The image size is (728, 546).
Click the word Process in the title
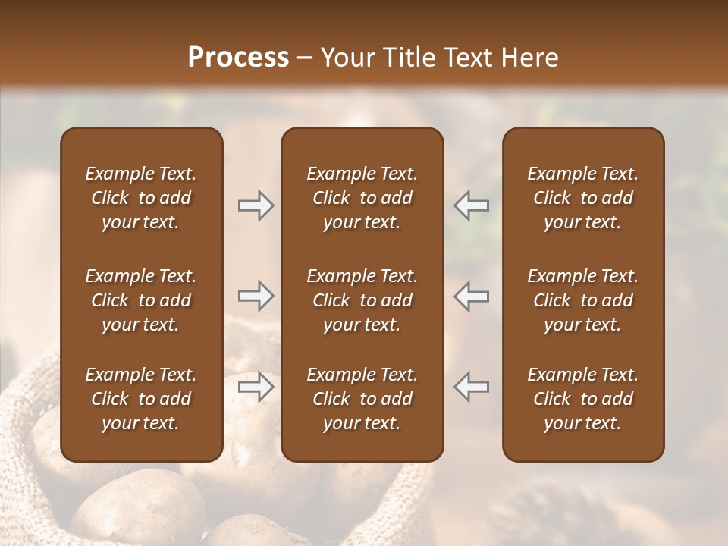tap(238, 58)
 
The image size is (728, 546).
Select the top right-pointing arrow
tap(256, 206)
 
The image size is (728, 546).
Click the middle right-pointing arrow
tap(256, 296)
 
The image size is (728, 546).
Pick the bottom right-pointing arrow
tap(256, 387)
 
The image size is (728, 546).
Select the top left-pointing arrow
tap(472, 206)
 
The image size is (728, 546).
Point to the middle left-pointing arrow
tap(472, 296)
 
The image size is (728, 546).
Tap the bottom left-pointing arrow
tap(472, 387)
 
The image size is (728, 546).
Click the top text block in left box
tap(141, 198)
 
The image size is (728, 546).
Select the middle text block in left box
tap(141, 300)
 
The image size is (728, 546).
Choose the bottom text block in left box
tap(141, 399)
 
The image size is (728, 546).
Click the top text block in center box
tap(362, 198)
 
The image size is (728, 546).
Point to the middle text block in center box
tap(362, 300)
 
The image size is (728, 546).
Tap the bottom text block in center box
tap(362, 399)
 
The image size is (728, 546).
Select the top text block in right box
tap(583, 198)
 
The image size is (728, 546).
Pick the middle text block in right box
tap(583, 300)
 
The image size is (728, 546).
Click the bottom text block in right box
tap(583, 399)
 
